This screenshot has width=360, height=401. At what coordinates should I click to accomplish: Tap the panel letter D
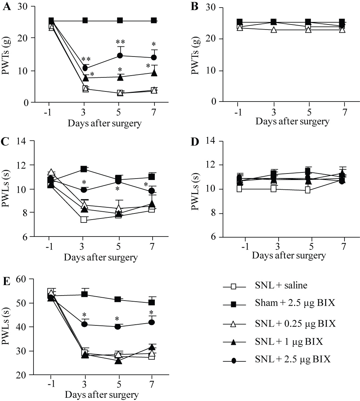tap(195, 141)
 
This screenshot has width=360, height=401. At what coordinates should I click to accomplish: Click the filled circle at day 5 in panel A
tap(120, 55)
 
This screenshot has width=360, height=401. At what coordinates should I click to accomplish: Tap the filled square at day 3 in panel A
tap(85, 21)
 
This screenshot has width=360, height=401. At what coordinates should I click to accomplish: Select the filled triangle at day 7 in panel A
tap(154, 73)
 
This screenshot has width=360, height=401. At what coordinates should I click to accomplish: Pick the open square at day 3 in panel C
tap(84, 220)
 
